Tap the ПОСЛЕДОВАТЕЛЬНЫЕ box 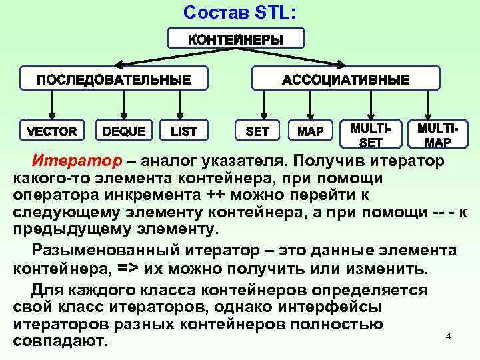tap(113, 79)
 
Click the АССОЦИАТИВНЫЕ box tap(345, 79)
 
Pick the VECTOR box tap(51, 131)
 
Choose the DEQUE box tap(124, 131)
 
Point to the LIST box tap(184, 131)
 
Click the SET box tap(257, 131)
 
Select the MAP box tap(310, 131)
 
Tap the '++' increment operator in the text tap(215, 195)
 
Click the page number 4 tap(449, 337)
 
